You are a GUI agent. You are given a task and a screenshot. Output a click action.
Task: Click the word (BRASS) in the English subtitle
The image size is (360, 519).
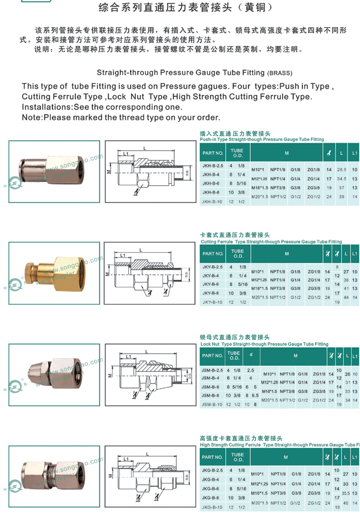[280, 73]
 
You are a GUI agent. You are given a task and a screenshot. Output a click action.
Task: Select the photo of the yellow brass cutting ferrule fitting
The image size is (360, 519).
[54, 271]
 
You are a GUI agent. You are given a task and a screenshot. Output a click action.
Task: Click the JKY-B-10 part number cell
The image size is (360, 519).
[212, 302]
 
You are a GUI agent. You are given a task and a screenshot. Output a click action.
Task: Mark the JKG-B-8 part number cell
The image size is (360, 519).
[212, 498]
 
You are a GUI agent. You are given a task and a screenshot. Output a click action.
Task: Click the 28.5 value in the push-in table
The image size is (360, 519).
[342, 169]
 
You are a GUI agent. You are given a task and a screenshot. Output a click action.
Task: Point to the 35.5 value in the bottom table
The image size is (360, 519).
[346, 492]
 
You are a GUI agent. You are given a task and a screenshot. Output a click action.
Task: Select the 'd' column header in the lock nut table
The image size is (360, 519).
[251, 355]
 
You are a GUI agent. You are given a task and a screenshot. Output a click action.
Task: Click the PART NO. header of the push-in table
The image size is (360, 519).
[212, 153]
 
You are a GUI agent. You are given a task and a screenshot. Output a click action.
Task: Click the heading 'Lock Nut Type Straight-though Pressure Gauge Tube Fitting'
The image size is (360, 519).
[264, 344]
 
